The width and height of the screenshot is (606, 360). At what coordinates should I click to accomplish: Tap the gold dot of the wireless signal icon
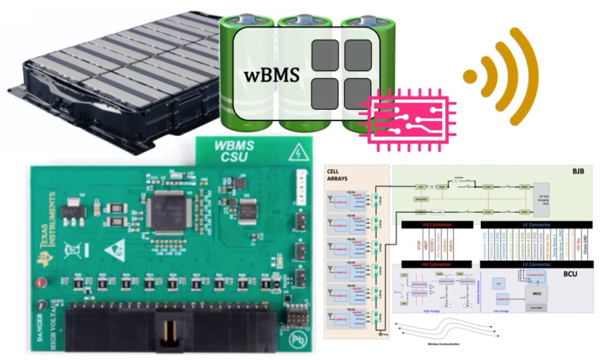[470, 77]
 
